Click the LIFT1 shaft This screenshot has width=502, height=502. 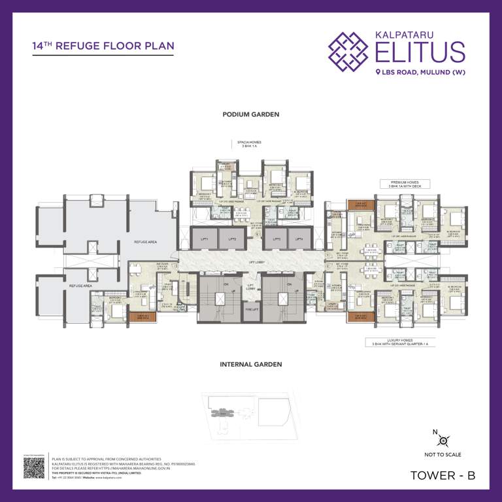[x=204, y=239]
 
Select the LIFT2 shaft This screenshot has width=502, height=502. [x=231, y=239]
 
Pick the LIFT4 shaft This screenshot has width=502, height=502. [x=299, y=239]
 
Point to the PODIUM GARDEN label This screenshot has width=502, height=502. [x=250, y=114]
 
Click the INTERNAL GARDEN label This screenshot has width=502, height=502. [x=250, y=364]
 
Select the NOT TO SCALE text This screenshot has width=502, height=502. [x=443, y=454]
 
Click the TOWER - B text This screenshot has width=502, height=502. [x=442, y=477]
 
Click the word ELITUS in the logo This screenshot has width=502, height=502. [x=420, y=51]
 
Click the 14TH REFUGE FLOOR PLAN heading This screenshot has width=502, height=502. [x=103, y=46]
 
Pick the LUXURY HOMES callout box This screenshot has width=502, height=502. [x=399, y=342]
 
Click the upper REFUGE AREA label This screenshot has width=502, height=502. [x=144, y=242]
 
